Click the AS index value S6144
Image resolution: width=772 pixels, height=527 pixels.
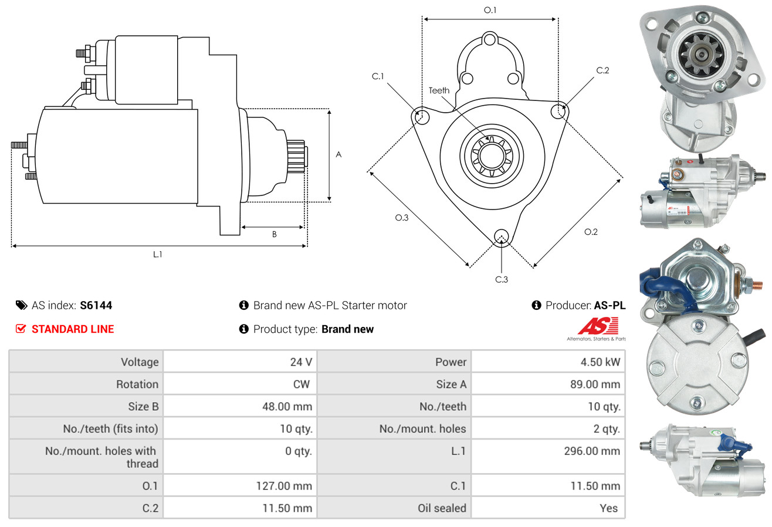click(x=96, y=305)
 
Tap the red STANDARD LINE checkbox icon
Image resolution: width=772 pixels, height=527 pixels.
click(x=21, y=329)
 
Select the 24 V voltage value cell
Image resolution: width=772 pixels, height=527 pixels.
click(x=240, y=362)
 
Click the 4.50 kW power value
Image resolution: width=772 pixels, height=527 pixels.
click(x=600, y=362)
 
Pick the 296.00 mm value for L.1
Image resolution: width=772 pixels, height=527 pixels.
click(x=592, y=451)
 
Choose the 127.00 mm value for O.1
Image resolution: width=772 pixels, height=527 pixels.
click(x=284, y=486)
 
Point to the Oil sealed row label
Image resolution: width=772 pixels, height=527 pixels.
click(x=442, y=508)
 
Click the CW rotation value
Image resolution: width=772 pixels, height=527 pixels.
click(x=302, y=384)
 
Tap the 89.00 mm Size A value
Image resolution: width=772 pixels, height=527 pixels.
click(x=595, y=384)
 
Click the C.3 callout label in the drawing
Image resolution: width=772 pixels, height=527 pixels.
click(x=502, y=279)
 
